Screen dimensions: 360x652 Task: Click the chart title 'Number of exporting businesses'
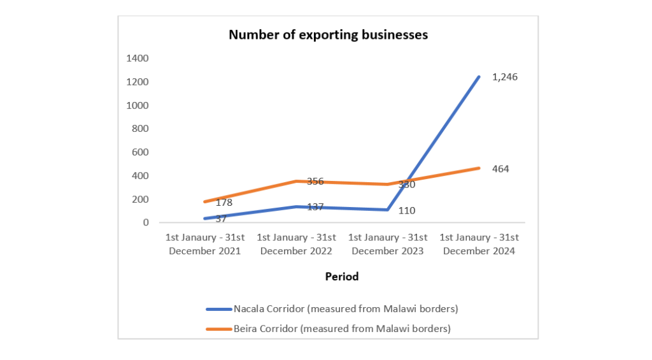pyautogui.click(x=328, y=35)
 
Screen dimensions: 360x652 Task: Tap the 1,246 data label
pyautogui.click(x=505, y=77)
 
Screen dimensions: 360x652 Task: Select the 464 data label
pyautogui.click(x=500, y=169)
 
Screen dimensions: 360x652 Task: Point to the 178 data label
pyautogui.click(x=223, y=203)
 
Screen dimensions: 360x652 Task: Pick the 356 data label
pyautogui.click(x=315, y=181)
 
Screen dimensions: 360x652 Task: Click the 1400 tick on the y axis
pyautogui.click(x=138, y=59)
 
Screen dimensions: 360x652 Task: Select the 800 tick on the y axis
pyautogui.click(x=140, y=129)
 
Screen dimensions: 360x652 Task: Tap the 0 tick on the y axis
pyautogui.click(x=146, y=222)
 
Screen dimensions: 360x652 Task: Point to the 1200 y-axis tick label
pyautogui.click(x=138, y=82)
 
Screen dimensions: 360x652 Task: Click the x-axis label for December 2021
pyautogui.click(x=205, y=244)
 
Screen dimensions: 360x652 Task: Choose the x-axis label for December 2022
pyautogui.click(x=296, y=244)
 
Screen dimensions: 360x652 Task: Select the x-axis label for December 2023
pyautogui.click(x=388, y=244)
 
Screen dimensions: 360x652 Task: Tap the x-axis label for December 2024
pyautogui.click(x=479, y=244)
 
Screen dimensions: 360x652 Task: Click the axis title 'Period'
pyautogui.click(x=342, y=277)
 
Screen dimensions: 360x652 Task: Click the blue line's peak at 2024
pyautogui.click(x=479, y=77)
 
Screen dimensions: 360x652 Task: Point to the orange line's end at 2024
pyautogui.click(x=479, y=168)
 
